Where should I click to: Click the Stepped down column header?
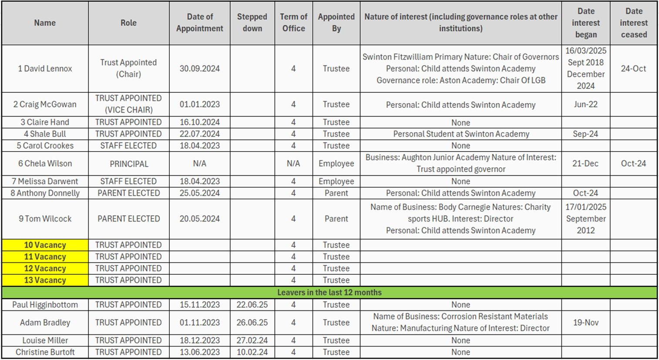[x=252, y=23]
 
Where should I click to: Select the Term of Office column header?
[x=293, y=23]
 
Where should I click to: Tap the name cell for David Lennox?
[x=45, y=68]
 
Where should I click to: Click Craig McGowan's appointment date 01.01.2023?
[x=199, y=104]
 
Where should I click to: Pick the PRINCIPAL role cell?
[x=128, y=164]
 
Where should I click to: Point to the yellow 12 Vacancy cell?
[x=45, y=269]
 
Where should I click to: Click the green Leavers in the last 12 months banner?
[x=329, y=293]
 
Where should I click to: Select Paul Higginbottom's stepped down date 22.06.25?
[x=252, y=305]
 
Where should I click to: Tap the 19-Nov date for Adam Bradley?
[x=585, y=323]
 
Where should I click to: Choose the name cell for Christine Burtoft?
[x=45, y=352]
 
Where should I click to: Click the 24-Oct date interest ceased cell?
[x=633, y=68]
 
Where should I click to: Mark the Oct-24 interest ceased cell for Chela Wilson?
[x=633, y=164]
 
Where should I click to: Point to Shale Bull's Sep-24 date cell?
[x=585, y=134]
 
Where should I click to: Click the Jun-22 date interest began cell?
[x=585, y=104]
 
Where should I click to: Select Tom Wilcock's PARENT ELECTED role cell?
[x=128, y=219]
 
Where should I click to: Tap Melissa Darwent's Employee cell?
[x=336, y=182]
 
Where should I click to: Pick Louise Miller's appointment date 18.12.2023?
[x=199, y=340]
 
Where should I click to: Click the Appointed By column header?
[x=336, y=23]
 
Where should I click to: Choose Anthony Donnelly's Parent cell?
[x=336, y=193]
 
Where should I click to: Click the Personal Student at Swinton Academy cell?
[x=461, y=134]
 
